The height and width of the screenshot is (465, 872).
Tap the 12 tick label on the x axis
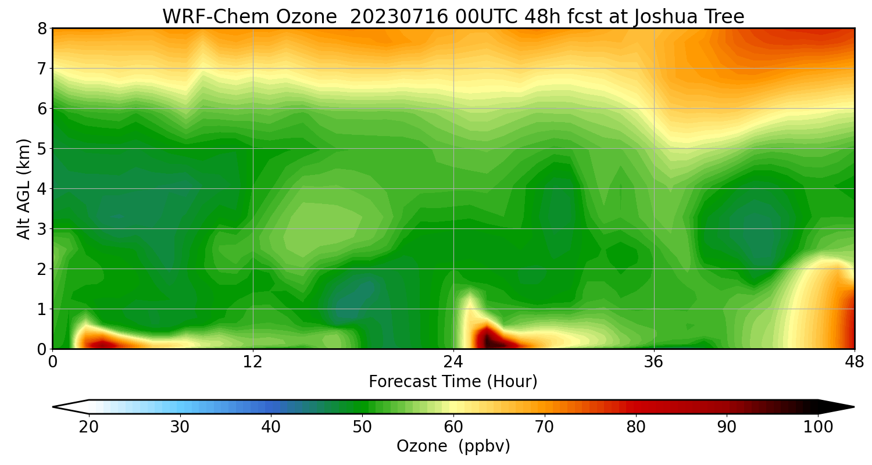pos(253,362)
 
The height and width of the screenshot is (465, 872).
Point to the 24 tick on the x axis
pos(453,362)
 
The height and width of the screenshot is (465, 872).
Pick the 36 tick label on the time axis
pos(654,362)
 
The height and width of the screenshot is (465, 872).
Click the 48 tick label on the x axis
pos(854,362)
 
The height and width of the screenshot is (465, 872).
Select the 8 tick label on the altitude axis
pos(42,28)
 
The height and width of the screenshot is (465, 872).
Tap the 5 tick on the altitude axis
pos(42,149)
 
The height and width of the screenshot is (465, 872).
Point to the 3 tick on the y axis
pos(42,229)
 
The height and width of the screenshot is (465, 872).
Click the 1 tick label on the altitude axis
pos(42,309)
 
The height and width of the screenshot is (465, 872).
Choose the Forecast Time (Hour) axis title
pos(453,382)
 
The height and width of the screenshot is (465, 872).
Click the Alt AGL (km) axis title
pos(24,188)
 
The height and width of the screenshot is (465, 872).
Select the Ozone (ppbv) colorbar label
pos(453,446)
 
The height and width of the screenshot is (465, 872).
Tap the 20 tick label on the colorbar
pos(89,427)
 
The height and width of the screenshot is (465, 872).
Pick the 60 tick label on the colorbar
pos(453,427)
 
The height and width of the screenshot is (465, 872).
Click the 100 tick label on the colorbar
pos(818,427)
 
